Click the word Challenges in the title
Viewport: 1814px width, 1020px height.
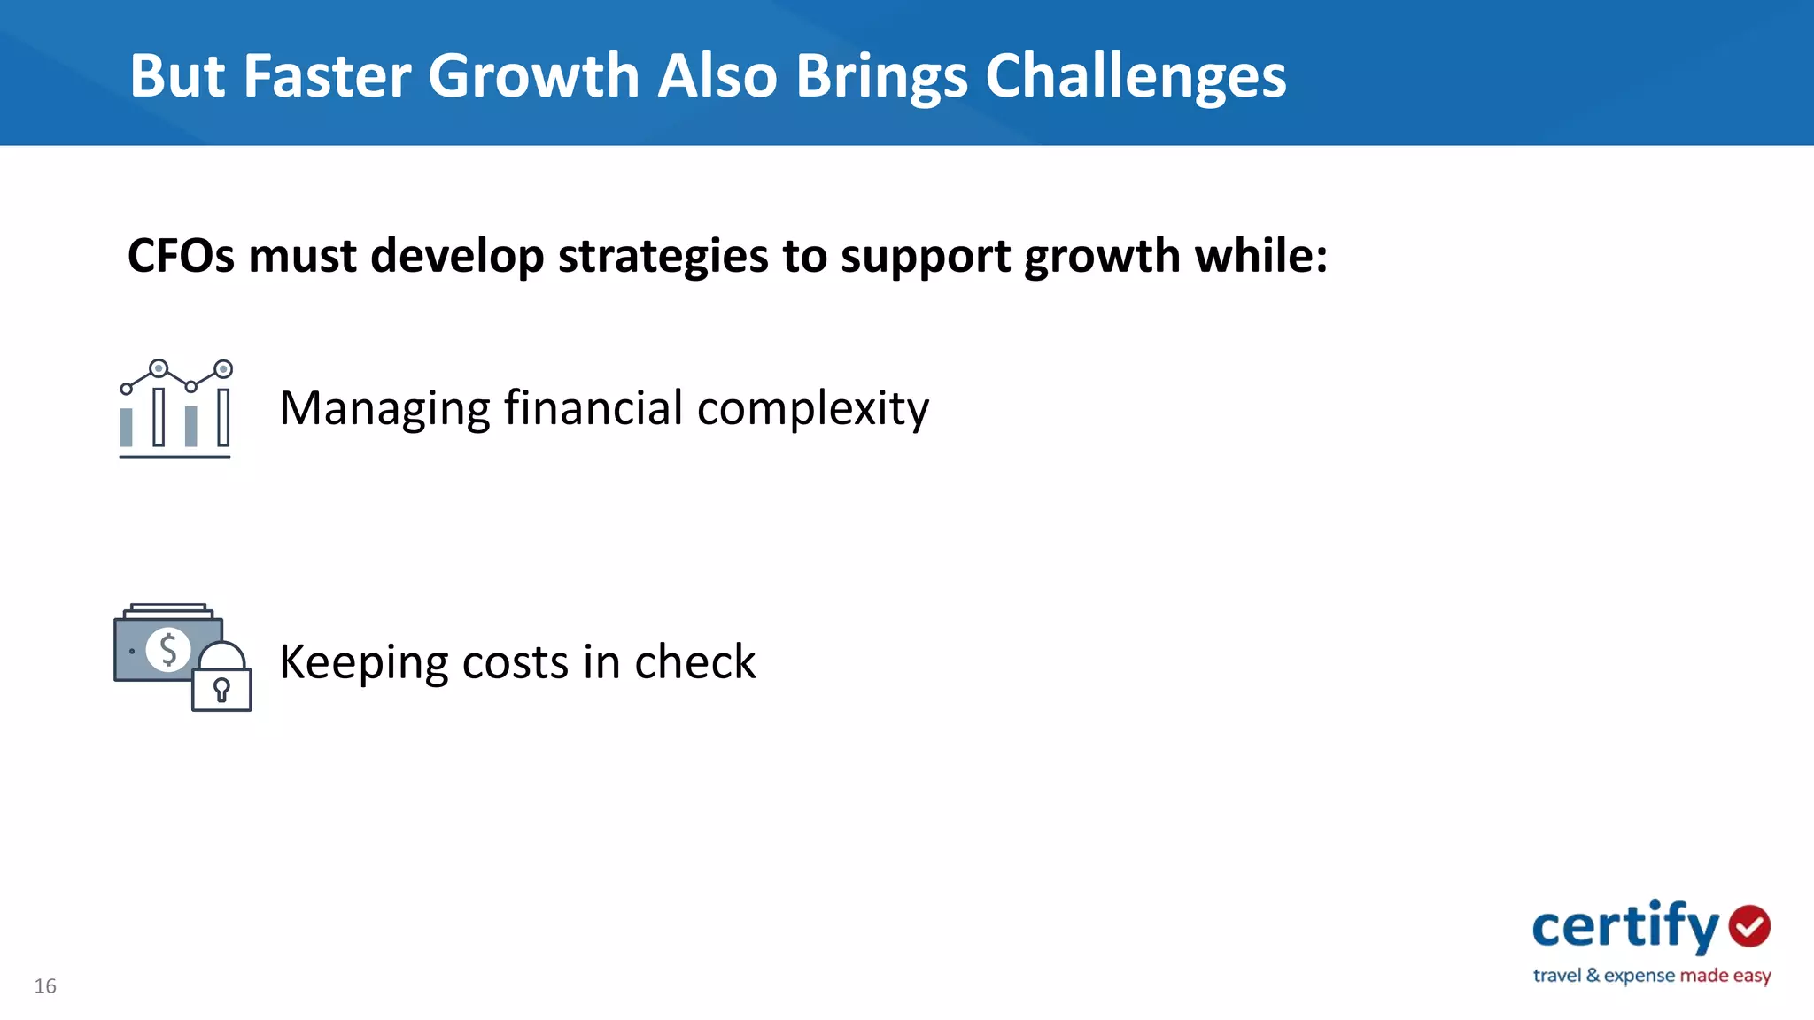(1136, 76)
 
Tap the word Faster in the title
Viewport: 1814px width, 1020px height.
(326, 76)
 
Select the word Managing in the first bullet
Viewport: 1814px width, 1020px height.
(384, 409)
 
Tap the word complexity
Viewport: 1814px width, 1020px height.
(813, 409)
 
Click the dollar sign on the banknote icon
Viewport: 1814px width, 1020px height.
(168, 649)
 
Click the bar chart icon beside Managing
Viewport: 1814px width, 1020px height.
(175, 408)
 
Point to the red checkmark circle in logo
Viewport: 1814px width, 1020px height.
(1749, 926)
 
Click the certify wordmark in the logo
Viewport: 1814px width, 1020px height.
(1625, 926)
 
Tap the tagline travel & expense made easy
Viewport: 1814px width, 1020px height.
(1651, 976)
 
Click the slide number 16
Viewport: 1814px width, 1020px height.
(45, 986)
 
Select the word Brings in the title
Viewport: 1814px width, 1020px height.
(881, 76)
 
